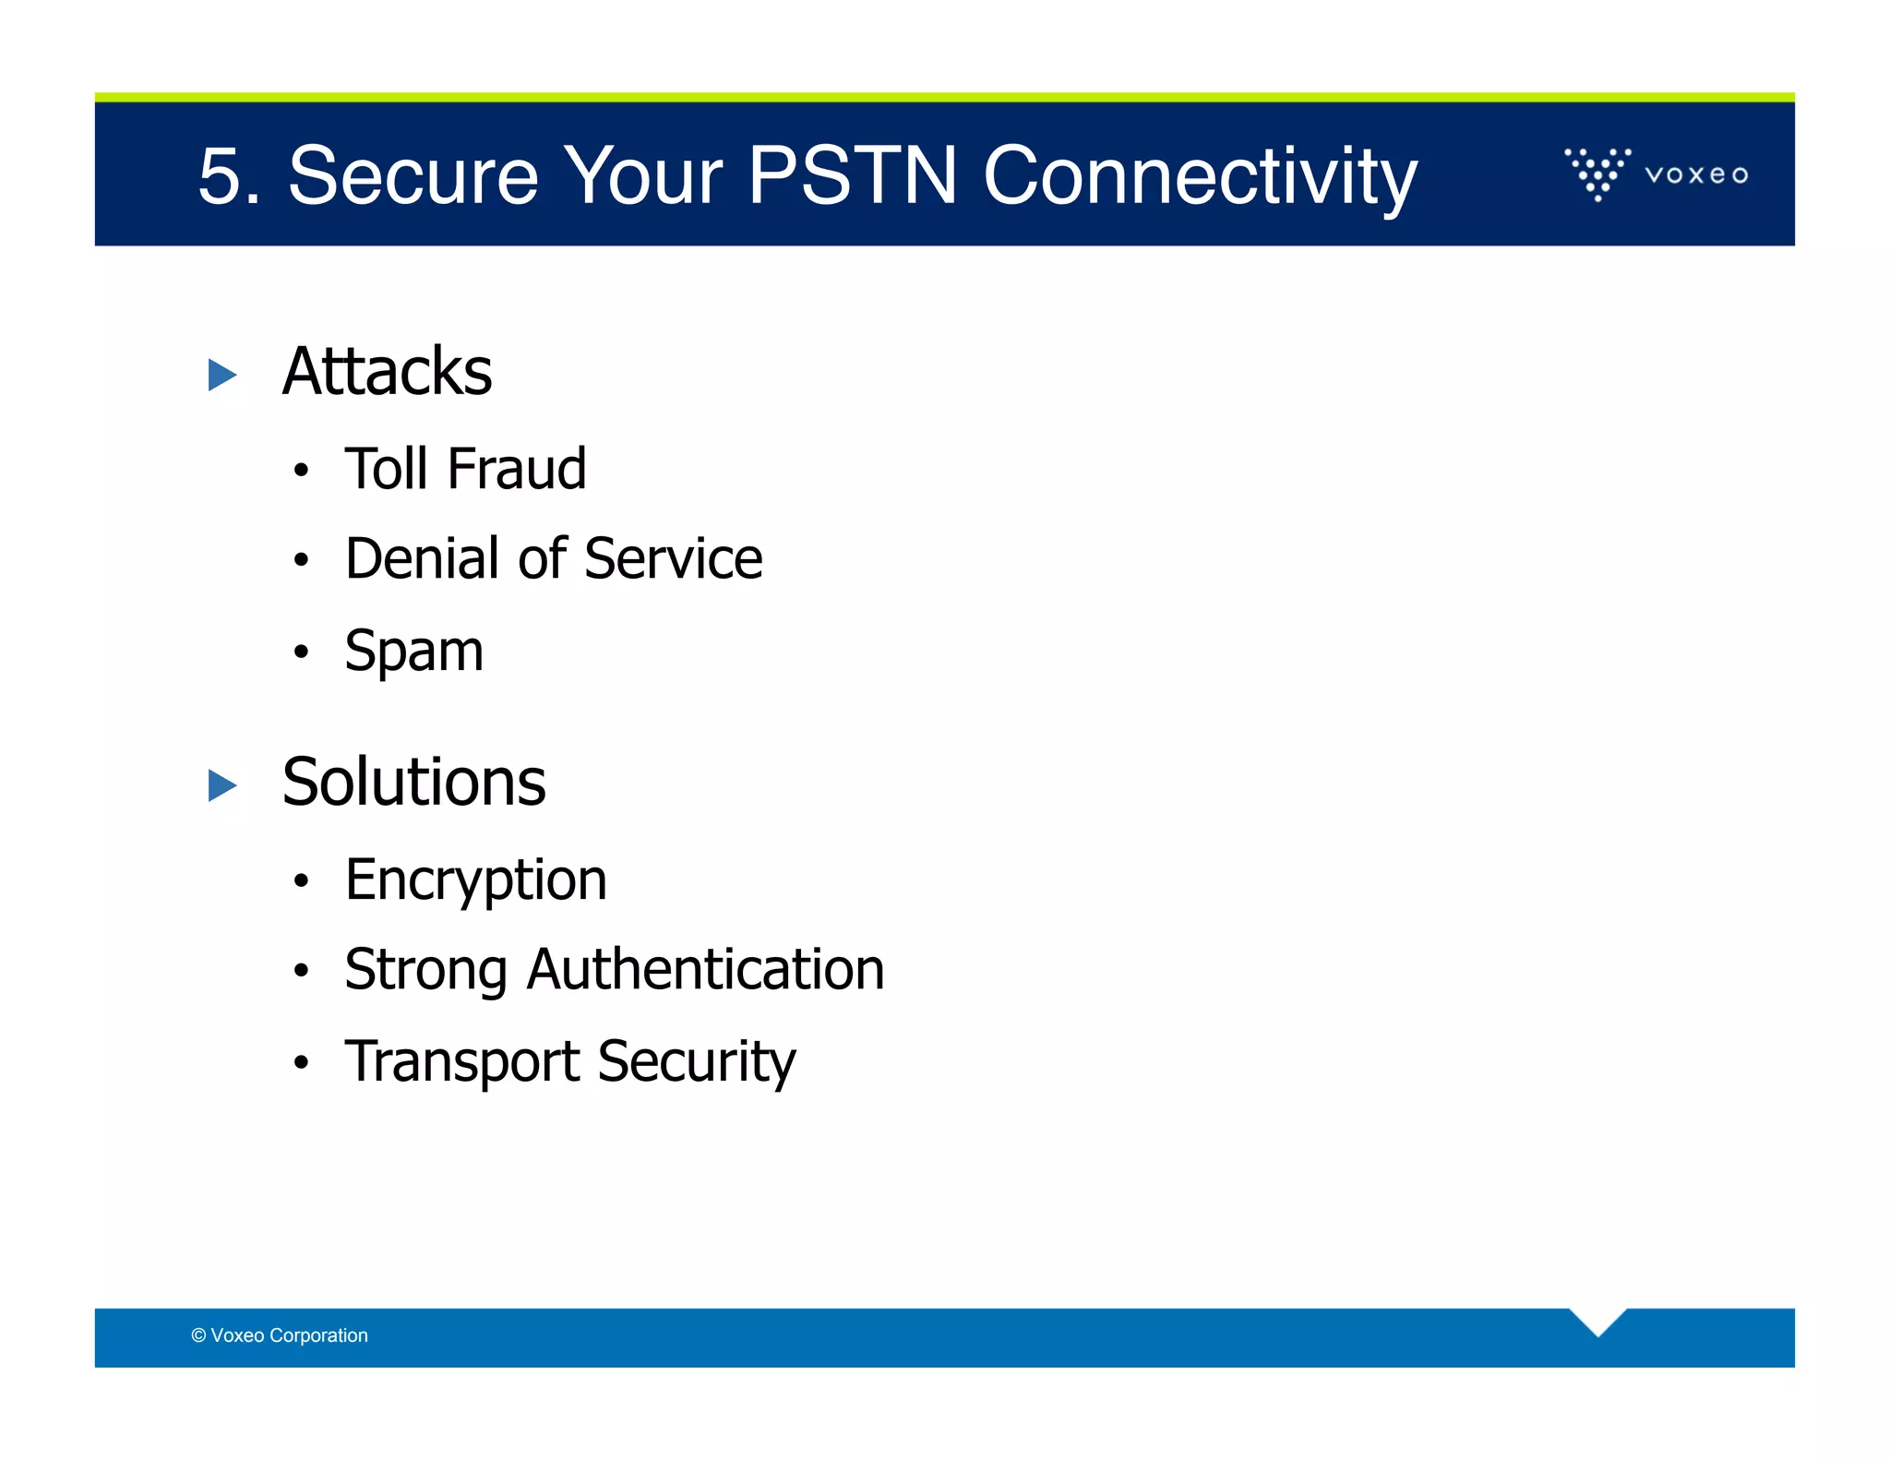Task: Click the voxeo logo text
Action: pos(1696,174)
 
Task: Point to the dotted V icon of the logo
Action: pos(1597,173)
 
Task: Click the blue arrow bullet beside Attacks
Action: pos(222,375)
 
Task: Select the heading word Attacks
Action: pos(387,371)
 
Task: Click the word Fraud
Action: pos(517,468)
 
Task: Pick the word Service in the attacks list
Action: pos(674,558)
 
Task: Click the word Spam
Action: pos(413,651)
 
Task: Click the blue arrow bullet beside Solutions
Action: pos(222,785)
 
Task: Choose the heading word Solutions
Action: pos(413,782)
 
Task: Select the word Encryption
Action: pos(475,880)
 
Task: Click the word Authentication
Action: pos(705,969)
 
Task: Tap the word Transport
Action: pos(461,1061)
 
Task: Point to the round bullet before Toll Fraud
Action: pos(301,471)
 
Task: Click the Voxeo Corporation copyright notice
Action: pos(280,1335)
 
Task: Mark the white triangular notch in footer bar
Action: pos(1597,1320)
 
